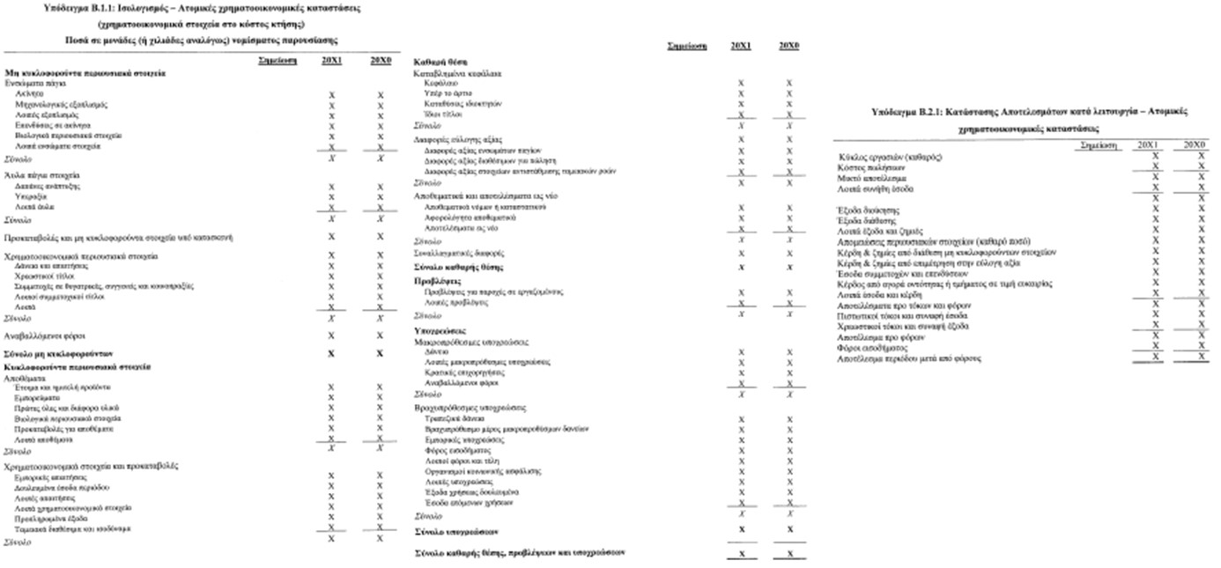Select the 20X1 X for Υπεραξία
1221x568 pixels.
(x=331, y=197)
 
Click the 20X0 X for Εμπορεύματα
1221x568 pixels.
(x=380, y=397)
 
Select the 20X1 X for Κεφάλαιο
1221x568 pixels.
(x=741, y=83)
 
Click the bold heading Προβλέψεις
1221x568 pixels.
(x=433, y=280)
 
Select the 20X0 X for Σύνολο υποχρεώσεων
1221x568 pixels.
(x=789, y=529)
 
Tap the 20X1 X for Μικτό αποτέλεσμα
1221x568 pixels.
(x=1155, y=177)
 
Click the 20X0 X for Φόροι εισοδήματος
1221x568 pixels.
(x=1202, y=347)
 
